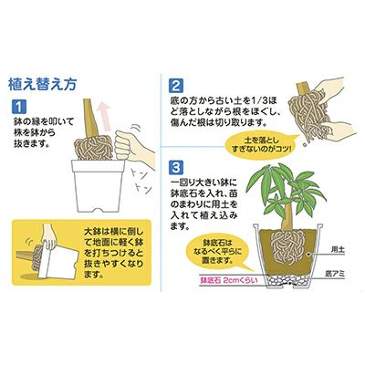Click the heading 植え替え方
[x=42, y=85]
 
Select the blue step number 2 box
[x=176, y=86]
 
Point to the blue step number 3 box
[x=176, y=168]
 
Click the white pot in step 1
[x=99, y=185]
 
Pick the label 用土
[x=338, y=250]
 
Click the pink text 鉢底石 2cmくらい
[x=228, y=280]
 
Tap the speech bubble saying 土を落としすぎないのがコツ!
[x=260, y=145]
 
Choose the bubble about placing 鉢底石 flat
[x=218, y=253]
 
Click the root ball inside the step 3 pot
[x=287, y=246]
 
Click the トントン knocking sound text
[x=141, y=182]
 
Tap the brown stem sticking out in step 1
[x=89, y=120]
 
